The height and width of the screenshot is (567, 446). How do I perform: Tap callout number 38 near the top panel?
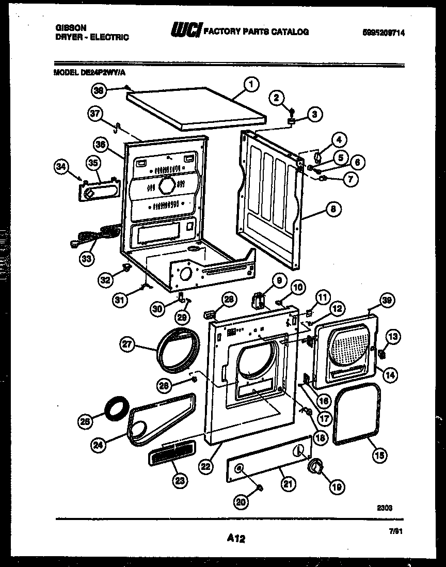(98, 90)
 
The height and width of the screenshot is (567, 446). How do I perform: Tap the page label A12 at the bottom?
(235, 539)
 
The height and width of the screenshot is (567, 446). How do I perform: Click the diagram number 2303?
(385, 508)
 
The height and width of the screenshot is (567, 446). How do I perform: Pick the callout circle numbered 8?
(333, 210)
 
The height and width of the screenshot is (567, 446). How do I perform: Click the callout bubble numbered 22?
(205, 466)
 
